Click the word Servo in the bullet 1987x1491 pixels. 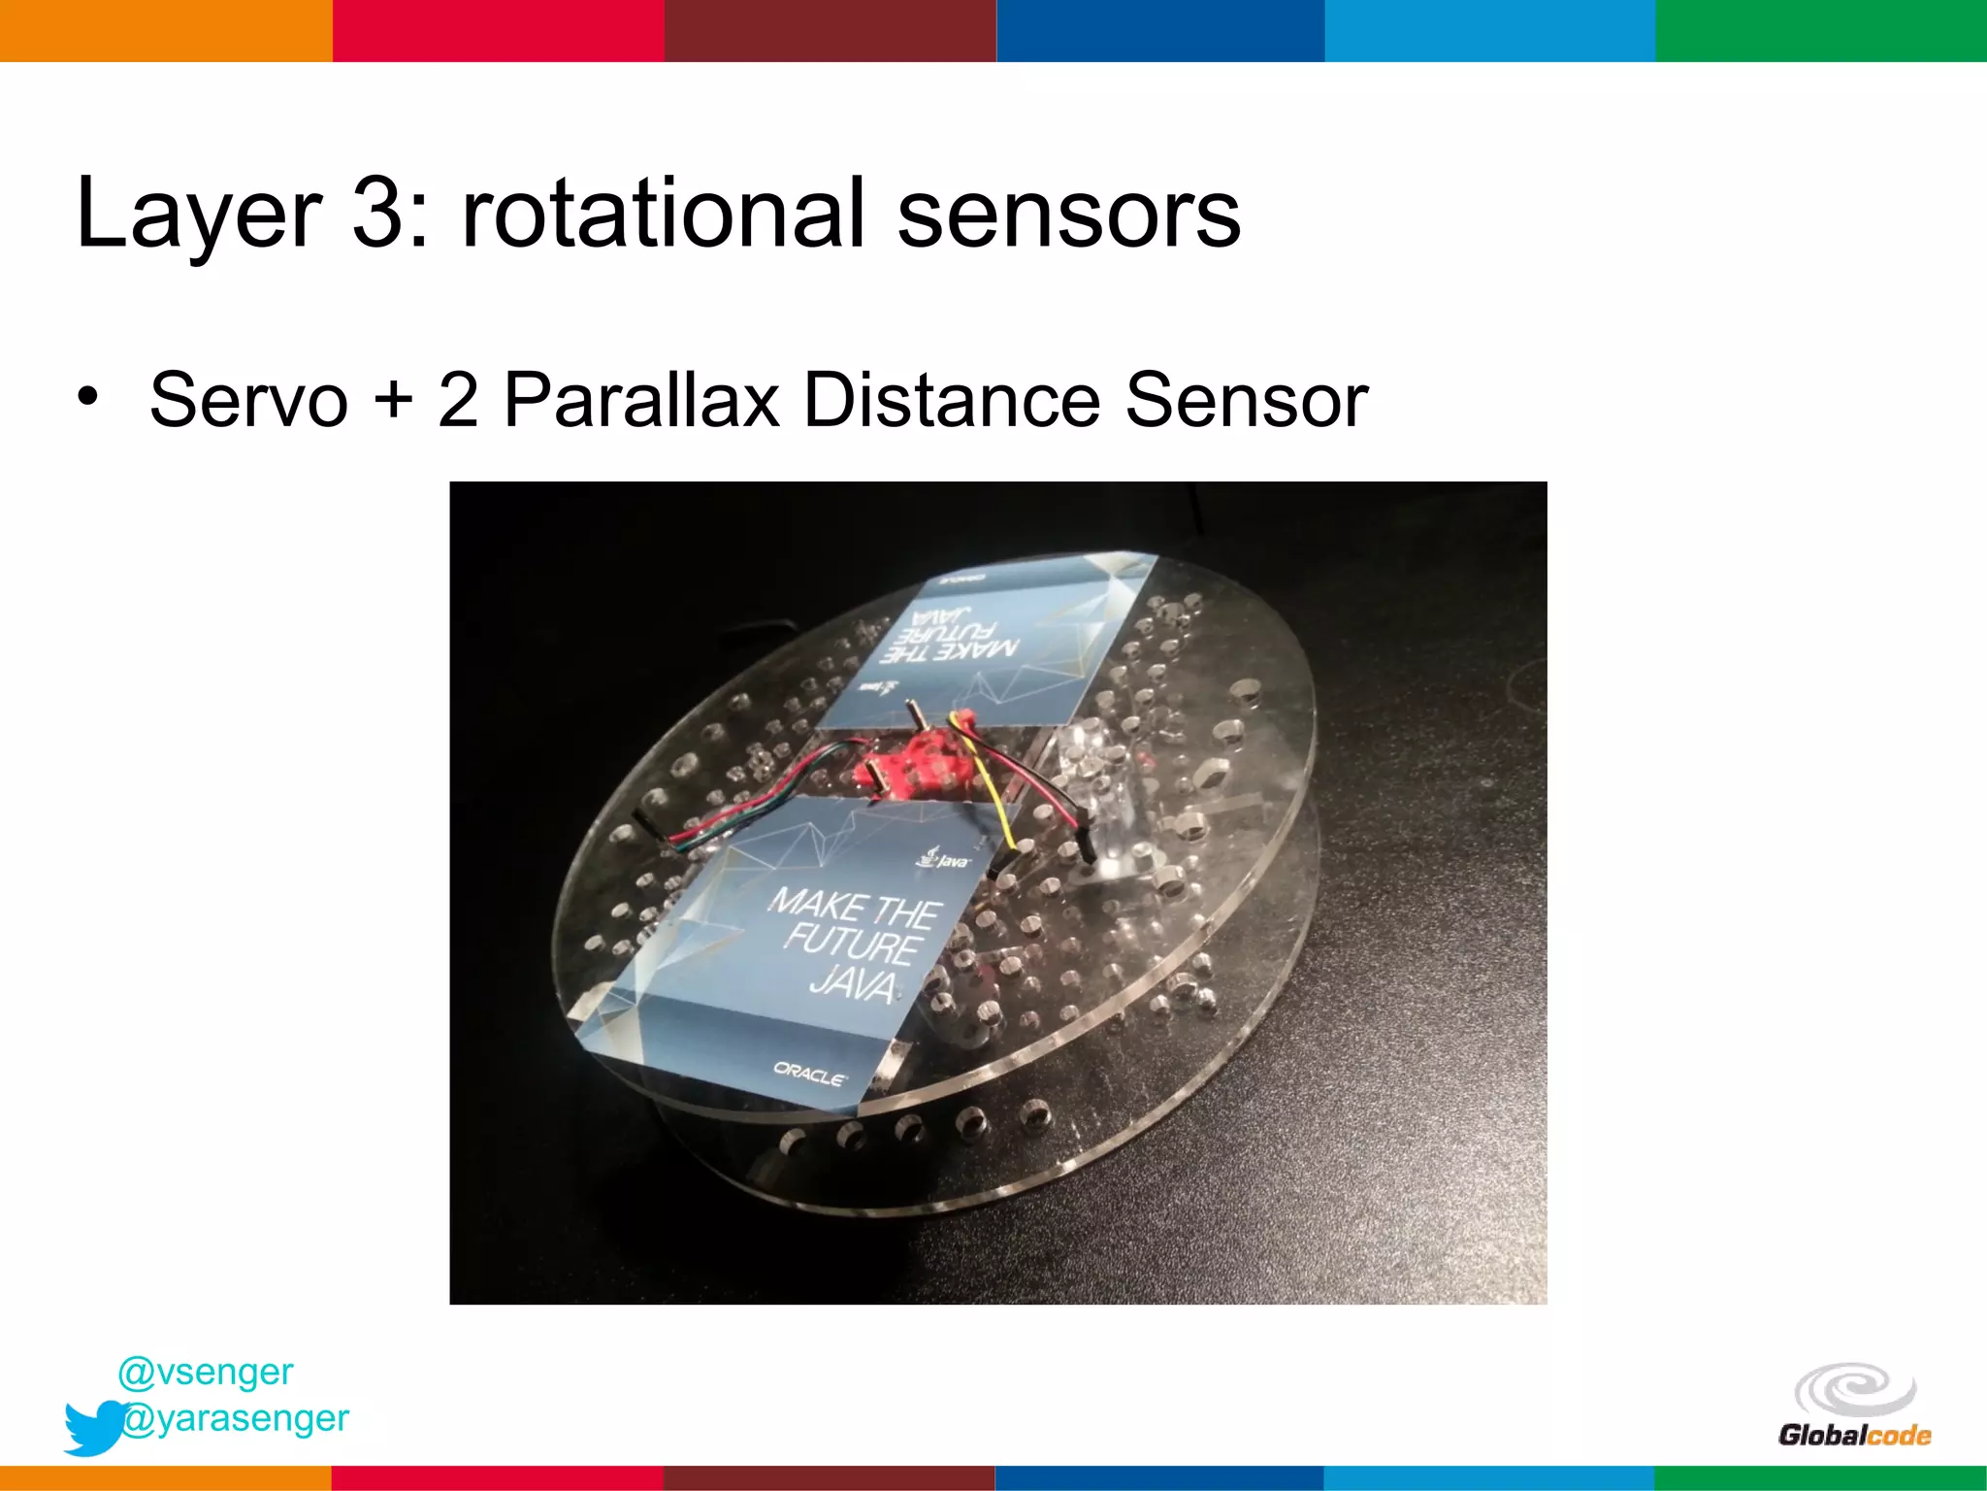point(248,400)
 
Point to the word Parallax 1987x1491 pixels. point(641,400)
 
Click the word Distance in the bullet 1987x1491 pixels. point(950,400)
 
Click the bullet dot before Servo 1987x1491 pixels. point(88,397)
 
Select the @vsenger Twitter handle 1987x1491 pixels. point(205,1372)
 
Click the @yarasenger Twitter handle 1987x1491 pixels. point(236,1418)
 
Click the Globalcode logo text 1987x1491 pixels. point(1854,1436)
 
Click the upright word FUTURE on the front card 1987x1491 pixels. point(852,944)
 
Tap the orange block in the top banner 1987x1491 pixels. point(166,30)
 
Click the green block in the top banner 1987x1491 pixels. point(1821,30)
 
